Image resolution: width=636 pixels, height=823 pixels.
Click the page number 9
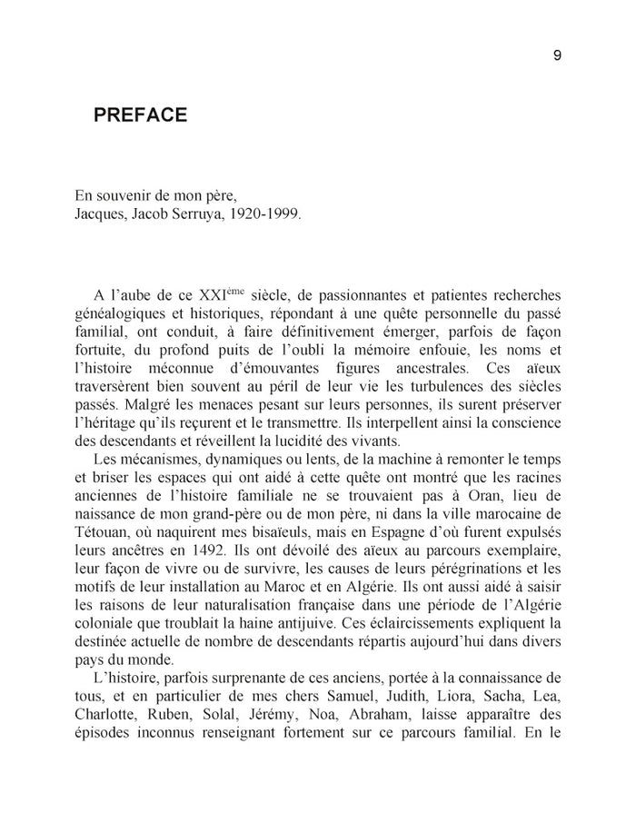click(x=557, y=55)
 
